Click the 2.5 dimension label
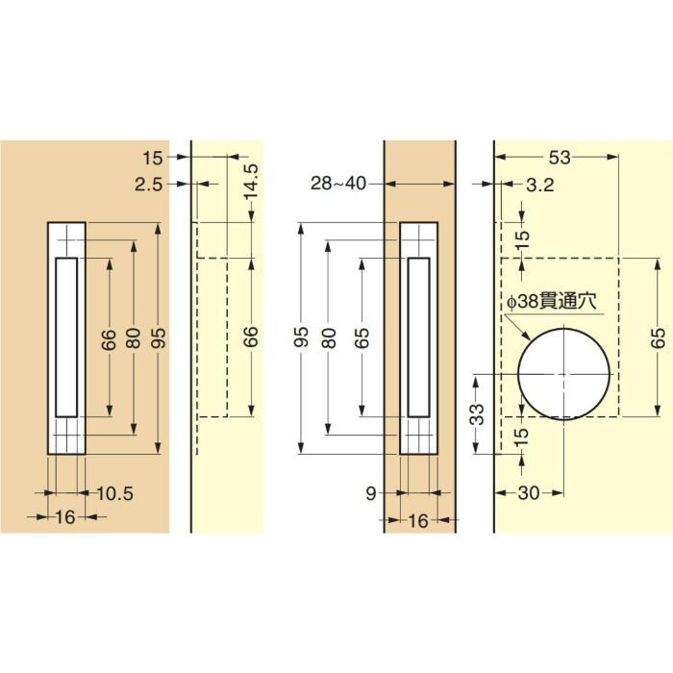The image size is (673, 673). (148, 185)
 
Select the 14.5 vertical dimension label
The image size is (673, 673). (252, 182)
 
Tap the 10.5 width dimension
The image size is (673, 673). (114, 493)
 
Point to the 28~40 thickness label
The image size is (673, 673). (338, 184)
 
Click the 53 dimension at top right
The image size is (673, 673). (560, 158)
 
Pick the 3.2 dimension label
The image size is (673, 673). (540, 185)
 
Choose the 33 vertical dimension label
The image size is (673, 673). (477, 414)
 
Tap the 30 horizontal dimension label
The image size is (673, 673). (529, 493)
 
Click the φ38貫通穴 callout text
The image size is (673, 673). (551, 301)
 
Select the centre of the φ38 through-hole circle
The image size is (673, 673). (563, 374)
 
